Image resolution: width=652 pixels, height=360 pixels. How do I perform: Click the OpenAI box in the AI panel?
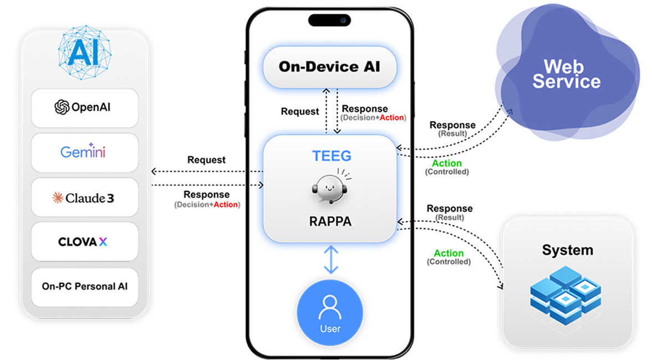pyautogui.click(x=85, y=108)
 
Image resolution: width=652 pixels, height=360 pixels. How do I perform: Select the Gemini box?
pyautogui.click(x=85, y=152)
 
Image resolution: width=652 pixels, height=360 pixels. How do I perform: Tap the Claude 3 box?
pyautogui.click(x=85, y=197)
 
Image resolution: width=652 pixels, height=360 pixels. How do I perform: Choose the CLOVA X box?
pyautogui.click(x=85, y=242)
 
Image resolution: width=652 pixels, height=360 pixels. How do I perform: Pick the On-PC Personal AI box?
pyautogui.click(x=85, y=287)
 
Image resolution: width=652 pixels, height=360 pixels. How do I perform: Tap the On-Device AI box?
pyautogui.click(x=329, y=67)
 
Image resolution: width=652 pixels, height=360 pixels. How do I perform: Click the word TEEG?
pyautogui.click(x=331, y=156)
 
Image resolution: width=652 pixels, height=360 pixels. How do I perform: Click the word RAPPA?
pyautogui.click(x=330, y=221)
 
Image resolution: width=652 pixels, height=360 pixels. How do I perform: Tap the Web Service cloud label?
pyautogui.click(x=566, y=74)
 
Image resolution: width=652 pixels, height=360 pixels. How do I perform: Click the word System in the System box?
pyautogui.click(x=567, y=250)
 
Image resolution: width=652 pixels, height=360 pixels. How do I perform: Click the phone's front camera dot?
pyautogui.click(x=343, y=21)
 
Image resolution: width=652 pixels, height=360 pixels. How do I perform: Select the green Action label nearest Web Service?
pyautogui.click(x=447, y=163)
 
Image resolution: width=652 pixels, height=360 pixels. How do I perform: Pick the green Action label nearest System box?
pyautogui.click(x=449, y=253)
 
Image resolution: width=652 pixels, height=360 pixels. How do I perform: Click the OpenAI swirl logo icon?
pyautogui.click(x=62, y=107)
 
